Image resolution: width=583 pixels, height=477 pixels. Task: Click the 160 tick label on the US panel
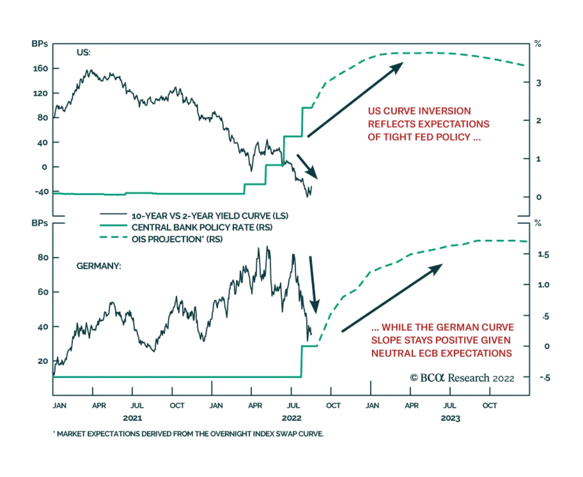coord(40,69)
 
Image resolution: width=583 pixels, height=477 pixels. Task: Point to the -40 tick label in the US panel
coord(42,192)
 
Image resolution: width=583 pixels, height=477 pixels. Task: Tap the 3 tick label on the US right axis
coord(539,83)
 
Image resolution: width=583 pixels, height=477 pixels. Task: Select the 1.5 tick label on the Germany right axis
coord(543,255)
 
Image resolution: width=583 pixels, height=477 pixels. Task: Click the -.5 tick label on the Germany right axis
coord(545,378)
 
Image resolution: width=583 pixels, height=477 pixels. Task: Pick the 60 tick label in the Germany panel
coord(43,292)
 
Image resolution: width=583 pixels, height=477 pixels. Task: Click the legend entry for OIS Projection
coord(177,239)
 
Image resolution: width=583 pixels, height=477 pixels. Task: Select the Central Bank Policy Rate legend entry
coord(202,228)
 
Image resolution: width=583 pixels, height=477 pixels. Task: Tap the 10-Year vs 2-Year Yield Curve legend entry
coord(210,216)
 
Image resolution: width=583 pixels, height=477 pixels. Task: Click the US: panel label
coord(83,52)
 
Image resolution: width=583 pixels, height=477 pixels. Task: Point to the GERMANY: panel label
coord(98,266)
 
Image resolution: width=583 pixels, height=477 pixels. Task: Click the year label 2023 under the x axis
coord(450,418)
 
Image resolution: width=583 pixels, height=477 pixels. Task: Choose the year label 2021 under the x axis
coord(132,418)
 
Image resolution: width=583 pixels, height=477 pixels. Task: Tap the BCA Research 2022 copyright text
coord(462,378)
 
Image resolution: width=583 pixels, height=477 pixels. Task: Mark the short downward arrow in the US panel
coord(307,167)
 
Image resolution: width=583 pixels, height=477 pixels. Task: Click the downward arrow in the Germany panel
coord(313,284)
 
